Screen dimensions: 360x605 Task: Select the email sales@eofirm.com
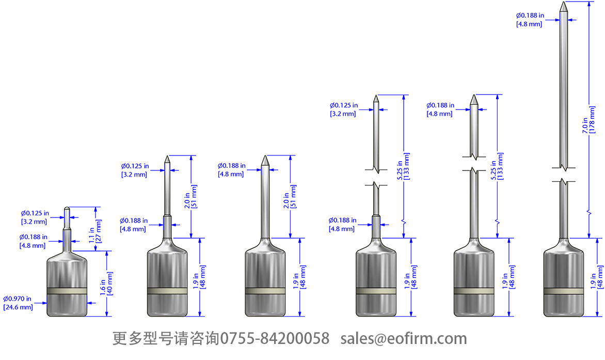click(x=404, y=339)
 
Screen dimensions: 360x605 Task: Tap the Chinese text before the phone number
click(x=166, y=339)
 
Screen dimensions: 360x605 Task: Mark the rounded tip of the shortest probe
click(x=67, y=209)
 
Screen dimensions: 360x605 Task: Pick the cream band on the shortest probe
click(x=67, y=291)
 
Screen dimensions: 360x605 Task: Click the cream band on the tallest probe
click(x=564, y=291)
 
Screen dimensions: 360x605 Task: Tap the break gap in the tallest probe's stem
click(x=564, y=174)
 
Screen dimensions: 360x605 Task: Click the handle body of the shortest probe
click(x=67, y=269)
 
